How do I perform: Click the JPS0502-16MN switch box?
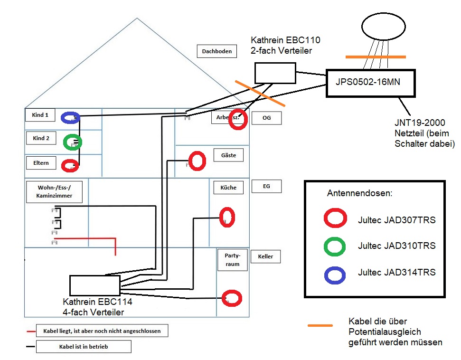pyautogui.click(x=370, y=83)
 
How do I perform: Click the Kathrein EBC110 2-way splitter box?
pyautogui.click(x=275, y=74)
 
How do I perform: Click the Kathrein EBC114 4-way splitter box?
pyautogui.click(x=94, y=285)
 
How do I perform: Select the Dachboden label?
pyautogui.click(x=217, y=51)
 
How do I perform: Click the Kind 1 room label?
pyautogui.click(x=40, y=115)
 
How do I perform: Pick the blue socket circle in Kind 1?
pyautogui.click(x=70, y=118)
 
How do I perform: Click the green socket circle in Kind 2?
pyautogui.click(x=73, y=142)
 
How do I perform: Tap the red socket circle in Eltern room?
pyautogui.click(x=70, y=166)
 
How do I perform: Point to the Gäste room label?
pyautogui.click(x=228, y=155)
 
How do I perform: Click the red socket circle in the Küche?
pyautogui.click(x=227, y=217)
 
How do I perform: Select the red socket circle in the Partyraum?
pyautogui.click(x=232, y=298)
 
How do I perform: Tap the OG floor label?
pyautogui.click(x=266, y=118)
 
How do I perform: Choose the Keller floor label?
pyautogui.click(x=265, y=257)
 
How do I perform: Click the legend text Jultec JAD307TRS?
pyautogui.click(x=396, y=220)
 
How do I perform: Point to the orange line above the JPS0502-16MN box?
pyautogui.click(x=376, y=57)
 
